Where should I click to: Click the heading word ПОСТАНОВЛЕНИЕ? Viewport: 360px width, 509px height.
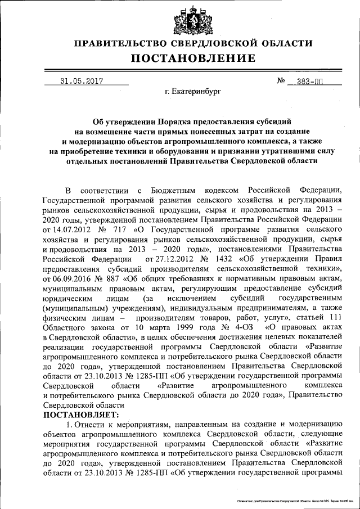(x=193, y=58)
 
